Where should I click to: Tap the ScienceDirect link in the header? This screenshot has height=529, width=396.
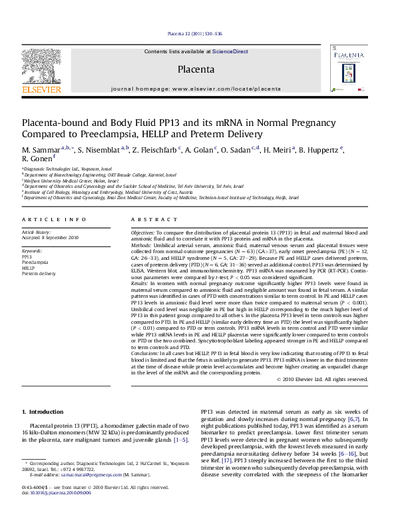pos(230,51)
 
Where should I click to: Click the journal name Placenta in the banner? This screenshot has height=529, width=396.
pos(196,69)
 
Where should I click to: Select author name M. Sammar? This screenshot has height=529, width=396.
pos(41,149)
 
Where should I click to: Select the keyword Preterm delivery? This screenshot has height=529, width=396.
pos(39,273)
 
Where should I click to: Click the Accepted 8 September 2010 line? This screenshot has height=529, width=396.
pos(50,237)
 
